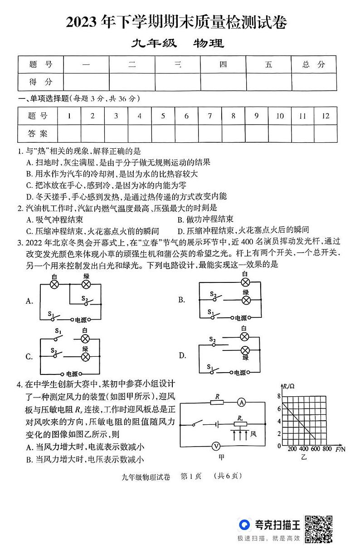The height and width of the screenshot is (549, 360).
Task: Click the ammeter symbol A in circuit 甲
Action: click(x=242, y=402)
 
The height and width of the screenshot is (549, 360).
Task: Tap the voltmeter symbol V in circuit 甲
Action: click(x=216, y=446)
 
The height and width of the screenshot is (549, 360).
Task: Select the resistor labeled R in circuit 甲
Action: click(x=217, y=402)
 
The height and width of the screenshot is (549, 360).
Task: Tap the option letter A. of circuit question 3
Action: click(x=30, y=301)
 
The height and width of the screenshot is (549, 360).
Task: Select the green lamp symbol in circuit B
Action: click(x=246, y=300)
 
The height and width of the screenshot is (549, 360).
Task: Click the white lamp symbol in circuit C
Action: click(x=85, y=339)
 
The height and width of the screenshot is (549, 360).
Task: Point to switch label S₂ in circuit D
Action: click(x=212, y=339)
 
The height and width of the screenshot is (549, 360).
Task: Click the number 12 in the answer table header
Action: click(x=325, y=116)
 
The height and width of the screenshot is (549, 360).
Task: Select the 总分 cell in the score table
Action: click(x=314, y=64)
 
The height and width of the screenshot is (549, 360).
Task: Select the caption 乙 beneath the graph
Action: click(x=303, y=457)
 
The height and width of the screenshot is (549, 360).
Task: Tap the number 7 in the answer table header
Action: click(x=209, y=116)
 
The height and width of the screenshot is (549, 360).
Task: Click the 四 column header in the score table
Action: click(x=223, y=64)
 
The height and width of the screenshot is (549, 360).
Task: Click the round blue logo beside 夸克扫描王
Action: click(x=245, y=525)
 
